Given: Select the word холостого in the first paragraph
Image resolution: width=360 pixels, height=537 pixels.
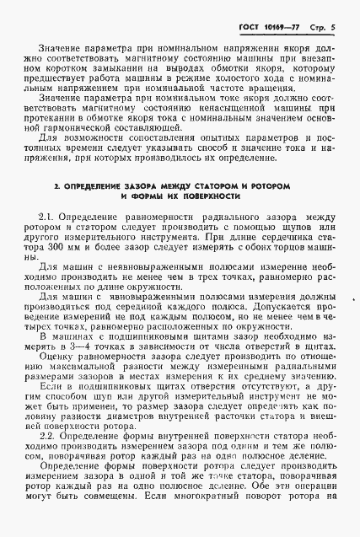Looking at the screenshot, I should pos(242,77).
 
